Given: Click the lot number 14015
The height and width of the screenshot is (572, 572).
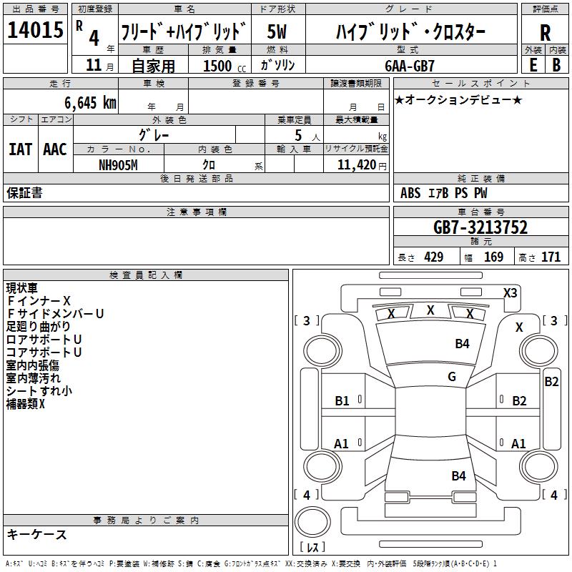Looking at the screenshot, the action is [x=35, y=29].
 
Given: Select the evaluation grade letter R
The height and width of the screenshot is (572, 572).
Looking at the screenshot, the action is [x=545, y=33].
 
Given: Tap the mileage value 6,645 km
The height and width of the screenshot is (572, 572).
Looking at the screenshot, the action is [x=91, y=102].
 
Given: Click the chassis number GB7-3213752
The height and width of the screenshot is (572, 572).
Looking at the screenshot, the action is [x=480, y=227].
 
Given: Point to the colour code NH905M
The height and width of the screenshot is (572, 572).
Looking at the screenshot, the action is [x=118, y=165].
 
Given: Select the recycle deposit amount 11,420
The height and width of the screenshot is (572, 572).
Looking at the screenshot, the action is [x=357, y=165].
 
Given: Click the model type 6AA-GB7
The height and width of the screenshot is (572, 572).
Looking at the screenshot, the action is [x=410, y=66].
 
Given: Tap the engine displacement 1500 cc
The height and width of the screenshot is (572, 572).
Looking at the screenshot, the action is [x=225, y=66].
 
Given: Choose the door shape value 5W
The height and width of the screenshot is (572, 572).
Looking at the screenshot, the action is [x=277, y=31].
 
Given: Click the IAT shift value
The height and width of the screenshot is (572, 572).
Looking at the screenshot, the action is [x=20, y=149].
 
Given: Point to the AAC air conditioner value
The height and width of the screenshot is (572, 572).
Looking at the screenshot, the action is [x=55, y=149].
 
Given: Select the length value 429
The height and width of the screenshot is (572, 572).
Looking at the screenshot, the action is [x=434, y=257].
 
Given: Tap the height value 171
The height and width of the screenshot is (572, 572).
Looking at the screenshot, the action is [x=551, y=257].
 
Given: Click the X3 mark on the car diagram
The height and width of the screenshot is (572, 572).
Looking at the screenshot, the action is [x=510, y=292].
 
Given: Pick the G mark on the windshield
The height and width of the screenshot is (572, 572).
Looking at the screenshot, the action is [x=452, y=376].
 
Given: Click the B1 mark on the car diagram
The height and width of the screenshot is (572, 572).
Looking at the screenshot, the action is [x=342, y=401].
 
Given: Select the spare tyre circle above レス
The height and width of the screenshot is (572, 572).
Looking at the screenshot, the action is [x=312, y=521].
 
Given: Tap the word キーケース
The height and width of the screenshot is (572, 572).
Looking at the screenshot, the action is [x=37, y=534].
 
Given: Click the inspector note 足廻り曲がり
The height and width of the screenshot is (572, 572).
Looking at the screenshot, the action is [x=38, y=326].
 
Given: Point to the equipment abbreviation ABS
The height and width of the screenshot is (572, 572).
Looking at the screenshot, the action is [x=410, y=192].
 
